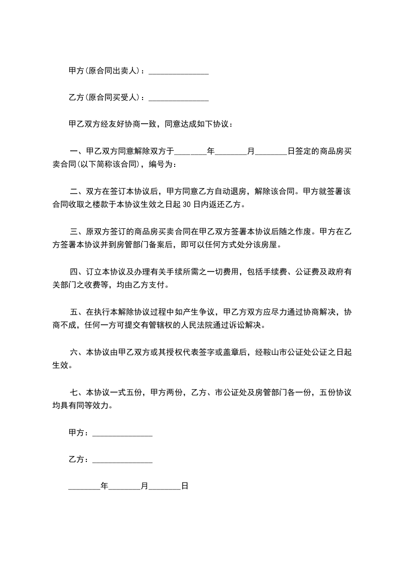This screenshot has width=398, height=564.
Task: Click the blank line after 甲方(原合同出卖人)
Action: [x=179, y=72]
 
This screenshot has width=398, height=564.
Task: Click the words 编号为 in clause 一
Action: [x=164, y=164]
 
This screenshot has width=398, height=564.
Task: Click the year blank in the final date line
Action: [x=84, y=487]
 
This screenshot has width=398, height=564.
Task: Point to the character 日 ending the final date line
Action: [x=184, y=486]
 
